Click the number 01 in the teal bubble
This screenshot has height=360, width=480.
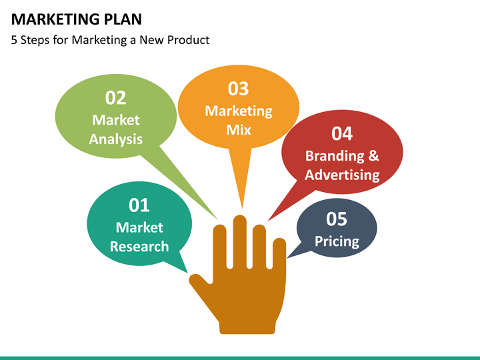click(139, 205)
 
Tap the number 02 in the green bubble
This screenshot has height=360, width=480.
click(116, 98)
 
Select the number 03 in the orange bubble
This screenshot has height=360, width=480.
click(239, 89)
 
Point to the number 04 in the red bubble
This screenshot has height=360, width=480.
click(342, 134)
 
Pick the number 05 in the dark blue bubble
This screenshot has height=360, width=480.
click(337, 219)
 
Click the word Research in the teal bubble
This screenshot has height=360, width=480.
click(139, 247)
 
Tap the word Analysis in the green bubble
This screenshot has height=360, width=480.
click(116, 139)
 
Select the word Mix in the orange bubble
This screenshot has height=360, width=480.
click(239, 130)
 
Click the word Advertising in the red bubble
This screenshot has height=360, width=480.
click(342, 175)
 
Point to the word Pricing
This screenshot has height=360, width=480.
click(337, 241)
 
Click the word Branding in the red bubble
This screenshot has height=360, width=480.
click(335, 156)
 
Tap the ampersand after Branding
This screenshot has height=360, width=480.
click(374, 155)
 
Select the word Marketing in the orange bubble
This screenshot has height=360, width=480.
click(239, 111)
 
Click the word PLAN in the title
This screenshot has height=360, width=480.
click(123, 19)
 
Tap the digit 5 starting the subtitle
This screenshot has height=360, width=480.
click(14, 40)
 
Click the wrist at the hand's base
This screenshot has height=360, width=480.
click(247, 326)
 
